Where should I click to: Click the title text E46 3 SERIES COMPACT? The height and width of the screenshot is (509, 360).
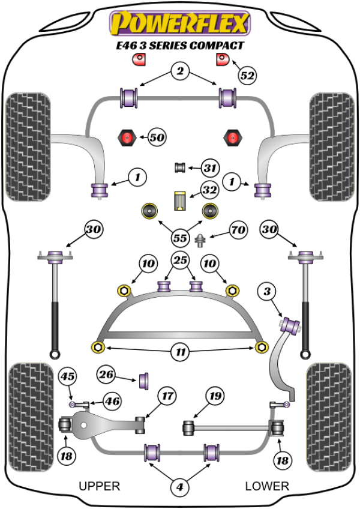[x=179, y=45]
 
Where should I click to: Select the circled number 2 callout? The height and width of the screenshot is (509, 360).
[x=179, y=71]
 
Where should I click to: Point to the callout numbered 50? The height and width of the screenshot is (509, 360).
[x=157, y=137]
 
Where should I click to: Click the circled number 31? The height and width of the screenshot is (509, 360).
[x=210, y=167]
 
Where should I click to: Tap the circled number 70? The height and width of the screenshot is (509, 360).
[x=238, y=229]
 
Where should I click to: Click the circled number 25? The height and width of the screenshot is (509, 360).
[x=179, y=260]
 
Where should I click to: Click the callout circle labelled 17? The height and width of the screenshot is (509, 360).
[x=167, y=396]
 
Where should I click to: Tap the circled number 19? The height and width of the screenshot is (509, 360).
[x=214, y=396]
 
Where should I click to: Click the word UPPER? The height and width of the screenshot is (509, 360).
[x=100, y=486]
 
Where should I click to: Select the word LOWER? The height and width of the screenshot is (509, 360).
[x=267, y=486]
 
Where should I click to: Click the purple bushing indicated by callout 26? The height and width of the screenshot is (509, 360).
[x=145, y=381]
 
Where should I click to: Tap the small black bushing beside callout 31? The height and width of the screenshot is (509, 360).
[x=178, y=167]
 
